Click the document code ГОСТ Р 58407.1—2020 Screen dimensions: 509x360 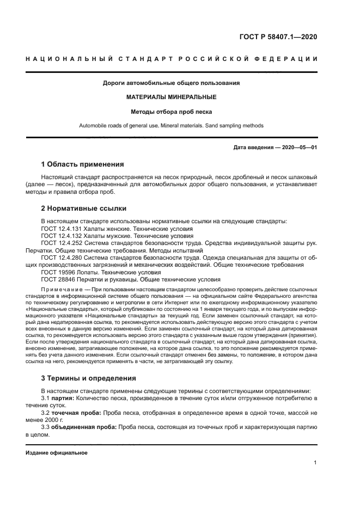[278, 37]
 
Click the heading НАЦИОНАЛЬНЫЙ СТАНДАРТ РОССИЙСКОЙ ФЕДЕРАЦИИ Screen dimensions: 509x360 [171, 58]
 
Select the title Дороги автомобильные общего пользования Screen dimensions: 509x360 [171, 83]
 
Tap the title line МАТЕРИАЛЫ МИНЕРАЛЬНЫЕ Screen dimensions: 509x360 [171, 97]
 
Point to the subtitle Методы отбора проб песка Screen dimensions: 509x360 [171, 112]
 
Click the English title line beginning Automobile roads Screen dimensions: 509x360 [171, 126]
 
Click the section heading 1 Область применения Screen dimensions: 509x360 [82, 164]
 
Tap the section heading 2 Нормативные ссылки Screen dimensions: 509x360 [84, 208]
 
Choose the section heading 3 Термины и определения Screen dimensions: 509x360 [89, 378]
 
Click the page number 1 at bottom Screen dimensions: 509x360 [315, 463]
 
